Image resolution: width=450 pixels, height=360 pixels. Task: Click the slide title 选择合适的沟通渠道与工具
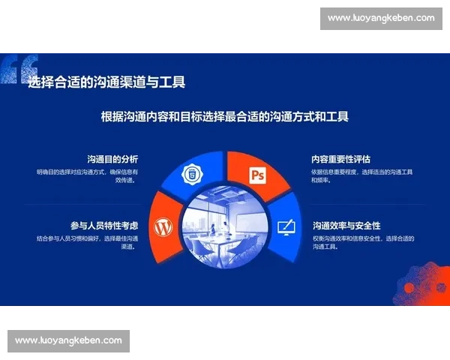point(106,82)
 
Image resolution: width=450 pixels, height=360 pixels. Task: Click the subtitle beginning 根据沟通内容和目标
point(225,117)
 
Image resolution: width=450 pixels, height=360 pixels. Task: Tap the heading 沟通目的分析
point(112,159)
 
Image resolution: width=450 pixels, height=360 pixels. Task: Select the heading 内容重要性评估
point(341,159)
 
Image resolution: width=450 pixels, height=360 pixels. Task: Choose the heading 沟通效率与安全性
point(346,225)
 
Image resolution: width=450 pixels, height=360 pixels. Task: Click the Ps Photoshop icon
point(258,175)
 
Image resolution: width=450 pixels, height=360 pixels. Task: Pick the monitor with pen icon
point(286,225)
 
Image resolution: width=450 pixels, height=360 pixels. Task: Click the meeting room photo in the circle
point(225,225)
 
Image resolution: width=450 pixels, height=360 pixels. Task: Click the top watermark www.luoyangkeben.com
point(381,18)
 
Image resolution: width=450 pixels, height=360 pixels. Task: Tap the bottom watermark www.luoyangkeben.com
point(68,340)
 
